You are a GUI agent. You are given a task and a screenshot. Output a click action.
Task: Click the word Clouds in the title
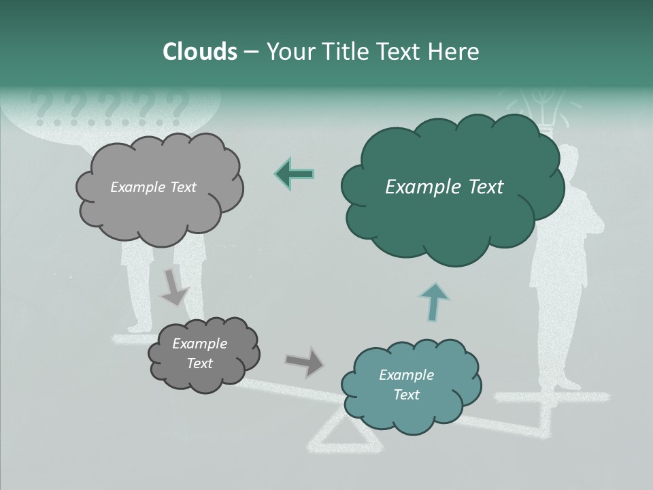pyautogui.click(x=200, y=52)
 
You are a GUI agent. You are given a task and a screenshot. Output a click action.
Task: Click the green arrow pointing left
pyautogui.click(x=294, y=174)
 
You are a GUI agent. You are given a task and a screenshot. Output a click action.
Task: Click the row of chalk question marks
pyautogui.click(x=109, y=108)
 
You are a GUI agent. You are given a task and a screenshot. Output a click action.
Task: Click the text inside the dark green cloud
pyautogui.click(x=444, y=187)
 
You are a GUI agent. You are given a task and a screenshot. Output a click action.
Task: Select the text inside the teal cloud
pyautogui.click(x=406, y=385)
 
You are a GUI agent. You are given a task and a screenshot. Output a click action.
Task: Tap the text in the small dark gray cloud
pyautogui.click(x=199, y=353)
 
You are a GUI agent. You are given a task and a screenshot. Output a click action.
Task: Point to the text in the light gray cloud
pyautogui.click(x=153, y=187)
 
